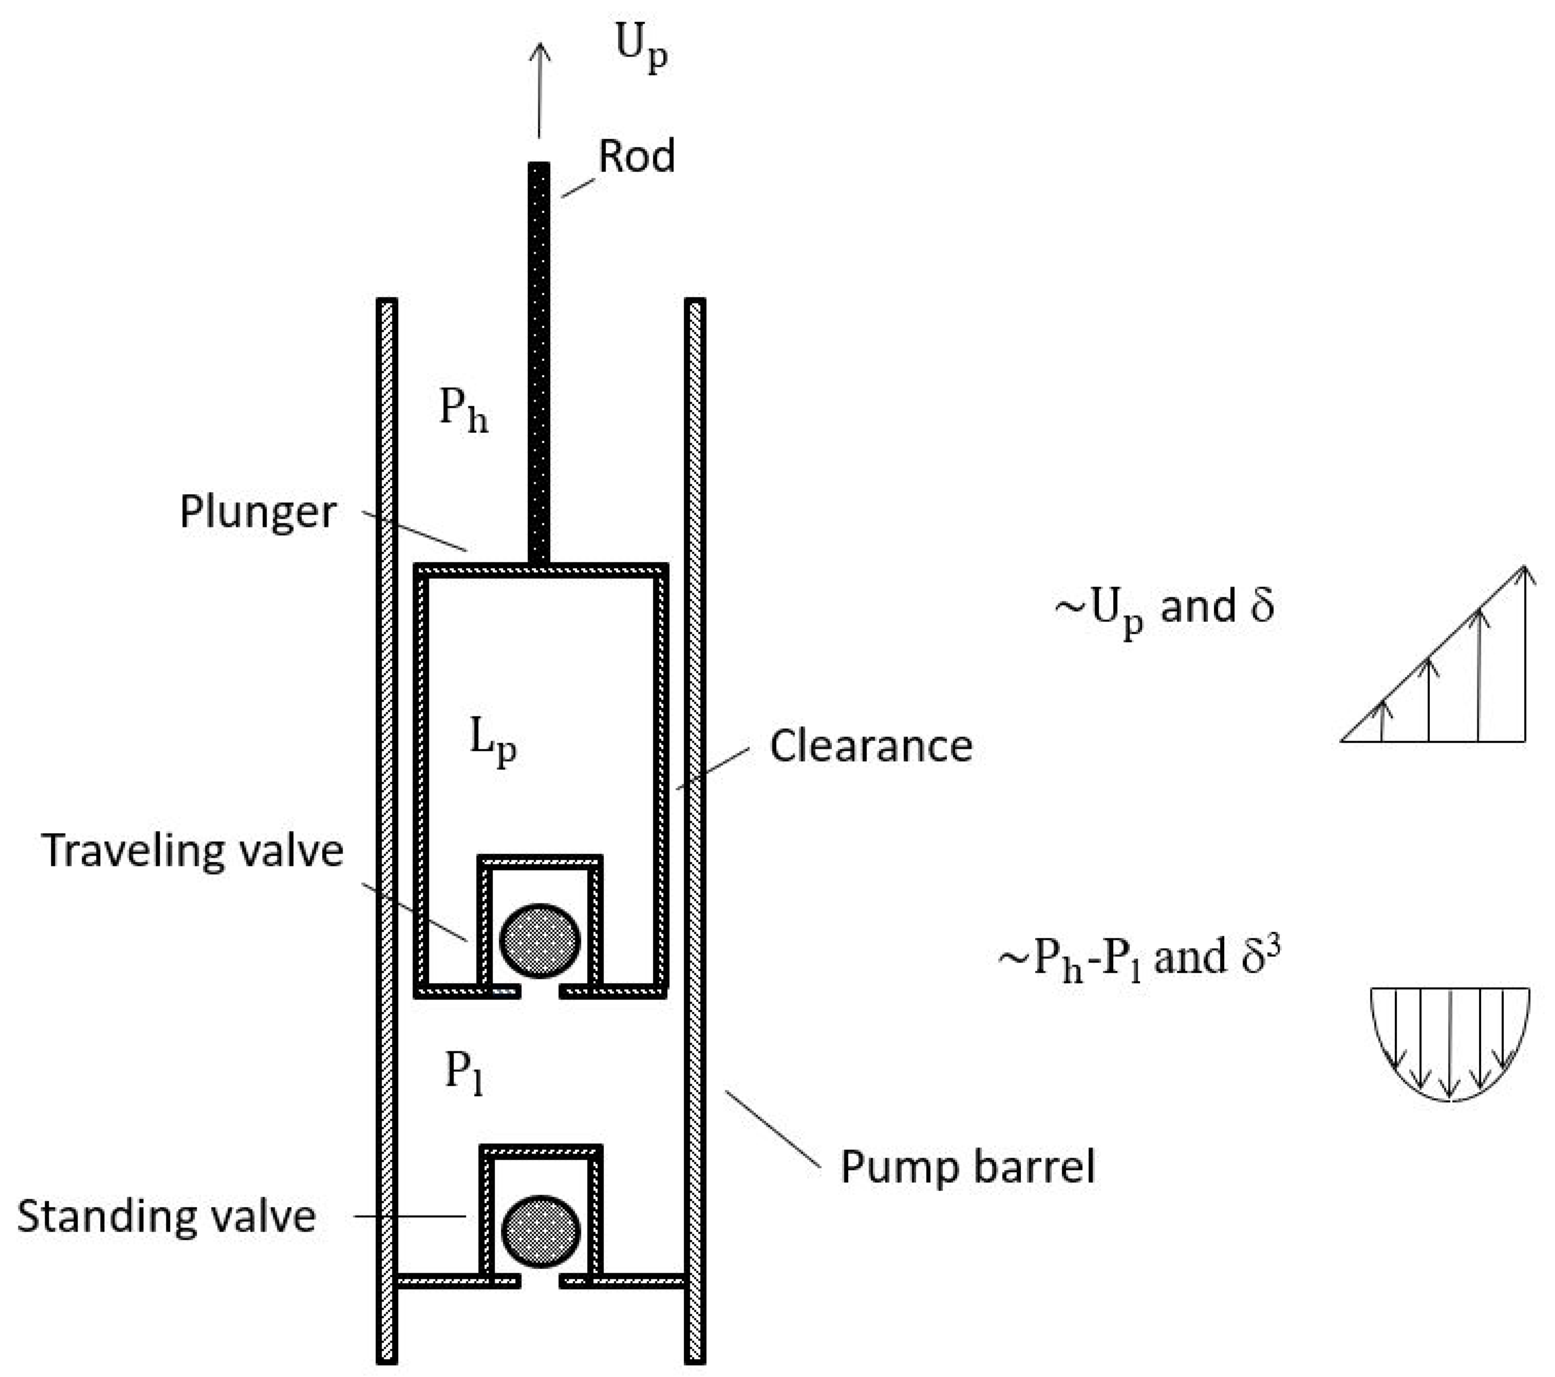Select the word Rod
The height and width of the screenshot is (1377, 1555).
636,157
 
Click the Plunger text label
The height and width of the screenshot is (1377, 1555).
258,512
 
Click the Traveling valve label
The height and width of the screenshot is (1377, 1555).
193,851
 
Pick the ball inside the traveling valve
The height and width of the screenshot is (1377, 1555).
539,940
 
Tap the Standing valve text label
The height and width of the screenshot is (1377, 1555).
166,1216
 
